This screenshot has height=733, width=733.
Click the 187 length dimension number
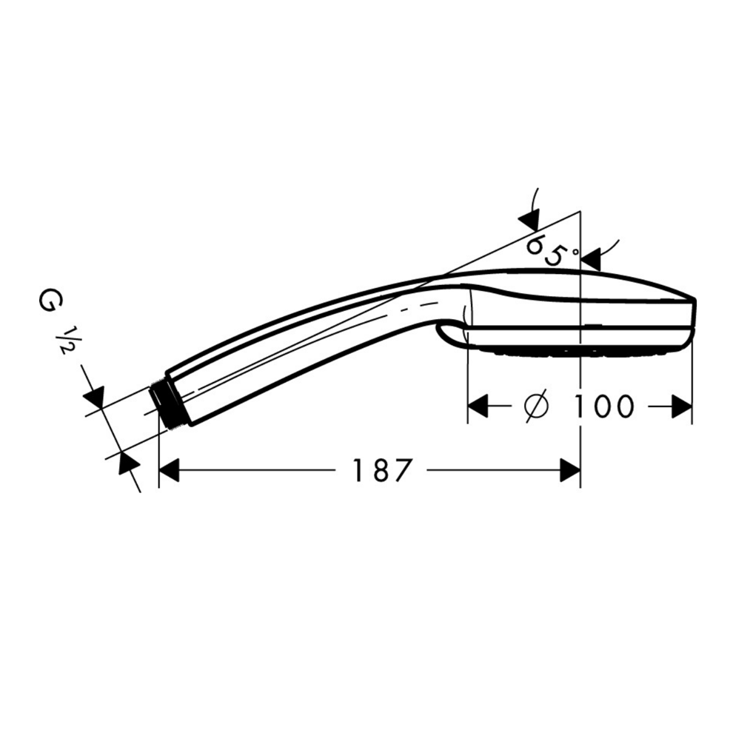(381, 470)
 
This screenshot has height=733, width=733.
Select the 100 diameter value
(603, 406)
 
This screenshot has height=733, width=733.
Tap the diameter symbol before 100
(536, 406)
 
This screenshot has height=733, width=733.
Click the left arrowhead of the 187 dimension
(170, 470)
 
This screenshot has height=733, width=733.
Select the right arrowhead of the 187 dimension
(570, 470)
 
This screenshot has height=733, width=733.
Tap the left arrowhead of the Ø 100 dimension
(478, 406)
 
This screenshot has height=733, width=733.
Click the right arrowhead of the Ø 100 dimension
(682, 406)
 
